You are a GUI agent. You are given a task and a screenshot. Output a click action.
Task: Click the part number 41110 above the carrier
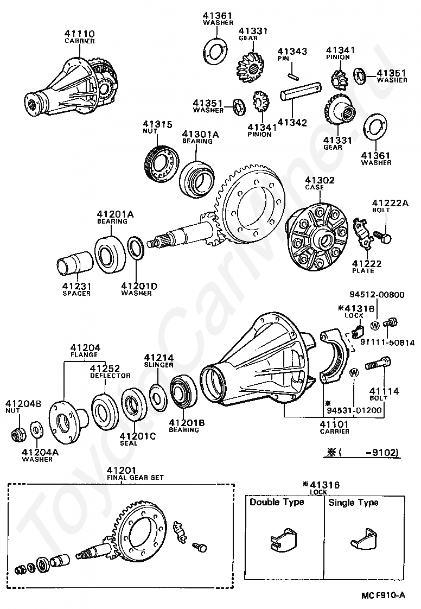tap(79, 34)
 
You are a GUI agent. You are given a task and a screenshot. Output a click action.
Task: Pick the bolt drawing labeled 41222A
tap(382, 237)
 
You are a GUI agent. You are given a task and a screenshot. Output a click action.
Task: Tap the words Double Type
tap(277, 502)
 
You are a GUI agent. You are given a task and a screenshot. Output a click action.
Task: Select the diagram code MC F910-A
tap(383, 595)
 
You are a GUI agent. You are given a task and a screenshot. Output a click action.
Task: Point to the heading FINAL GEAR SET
tap(135, 477)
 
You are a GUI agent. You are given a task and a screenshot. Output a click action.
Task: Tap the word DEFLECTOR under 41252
tap(110, 376)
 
